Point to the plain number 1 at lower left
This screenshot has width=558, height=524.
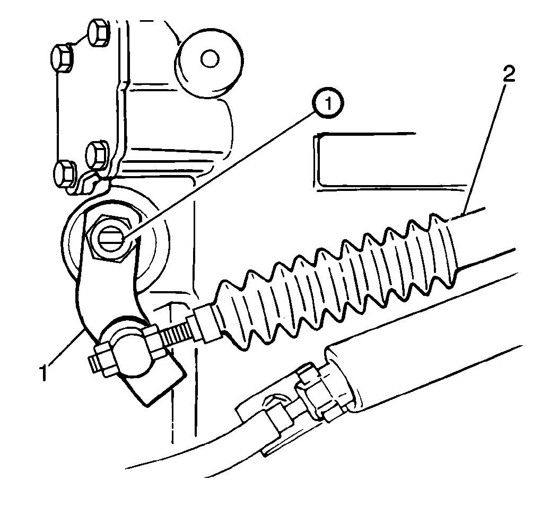[43, 372]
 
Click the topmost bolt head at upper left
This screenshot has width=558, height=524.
[99, 33]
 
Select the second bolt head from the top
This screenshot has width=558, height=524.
[63, 58]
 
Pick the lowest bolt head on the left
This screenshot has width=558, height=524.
[65, 173]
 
